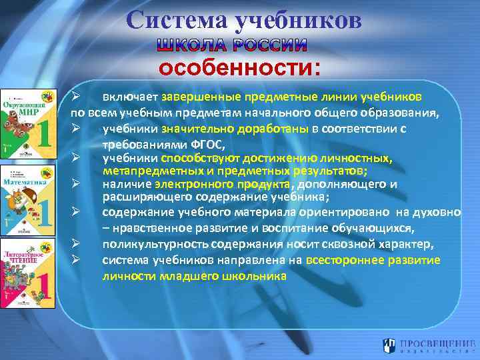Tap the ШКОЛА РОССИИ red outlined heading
[x=232, y=46]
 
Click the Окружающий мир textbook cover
[x=27, y=123]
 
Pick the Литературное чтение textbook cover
[x=27, y=273]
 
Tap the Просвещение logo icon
[x=390, y=345]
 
